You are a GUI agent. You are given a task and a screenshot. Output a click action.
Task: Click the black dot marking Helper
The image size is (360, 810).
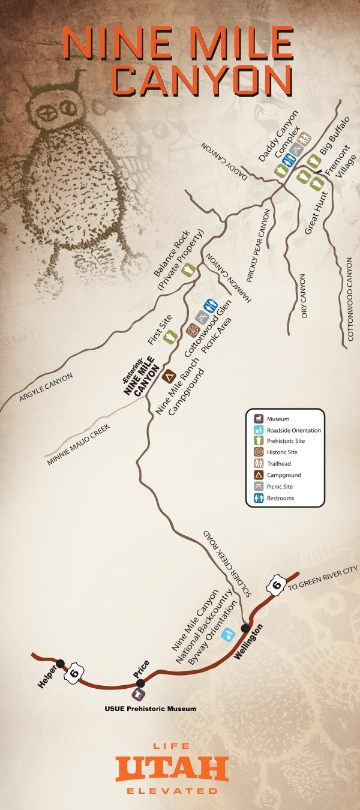click(x=60, y=664)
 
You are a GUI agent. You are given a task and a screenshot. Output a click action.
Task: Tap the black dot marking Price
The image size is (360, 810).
click(x=140, y=683)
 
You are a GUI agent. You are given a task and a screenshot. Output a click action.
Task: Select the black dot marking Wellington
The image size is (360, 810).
click(x=245, y=628)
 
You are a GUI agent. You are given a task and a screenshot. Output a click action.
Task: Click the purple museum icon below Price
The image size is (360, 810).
click(x=139, y=695)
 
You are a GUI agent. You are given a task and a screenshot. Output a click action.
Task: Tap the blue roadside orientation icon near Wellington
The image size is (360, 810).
click(x=228, y=634)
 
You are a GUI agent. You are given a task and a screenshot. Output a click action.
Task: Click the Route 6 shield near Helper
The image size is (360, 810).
click(x=74, y=673)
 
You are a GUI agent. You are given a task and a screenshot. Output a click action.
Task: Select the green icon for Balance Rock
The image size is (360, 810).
click(x=187, y=268)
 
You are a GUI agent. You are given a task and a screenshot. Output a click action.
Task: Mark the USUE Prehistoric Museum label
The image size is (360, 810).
click(x=150, y=709)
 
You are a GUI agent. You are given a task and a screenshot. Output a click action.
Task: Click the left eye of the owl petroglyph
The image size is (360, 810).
click(x=46, y=113)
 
